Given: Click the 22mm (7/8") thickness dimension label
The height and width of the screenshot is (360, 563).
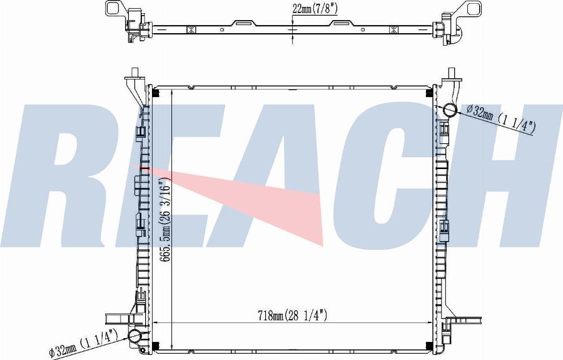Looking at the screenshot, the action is (315, 9).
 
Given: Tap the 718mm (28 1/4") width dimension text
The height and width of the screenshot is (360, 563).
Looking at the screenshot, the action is (292, 316).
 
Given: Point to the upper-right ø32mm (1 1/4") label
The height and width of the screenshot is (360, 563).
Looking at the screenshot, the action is (501, 118).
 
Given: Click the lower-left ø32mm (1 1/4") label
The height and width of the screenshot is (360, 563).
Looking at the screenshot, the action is (84, 344).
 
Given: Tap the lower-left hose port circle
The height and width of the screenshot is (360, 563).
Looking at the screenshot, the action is (135, 336).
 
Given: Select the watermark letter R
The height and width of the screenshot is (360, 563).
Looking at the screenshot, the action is (72, 176).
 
